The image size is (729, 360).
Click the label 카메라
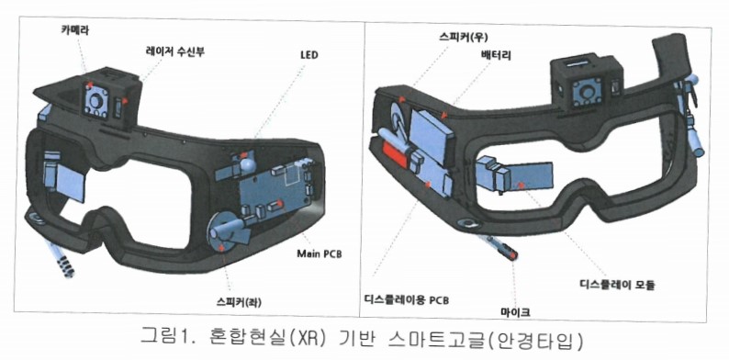click(76, 28)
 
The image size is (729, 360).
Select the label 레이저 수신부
click(173, 52)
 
